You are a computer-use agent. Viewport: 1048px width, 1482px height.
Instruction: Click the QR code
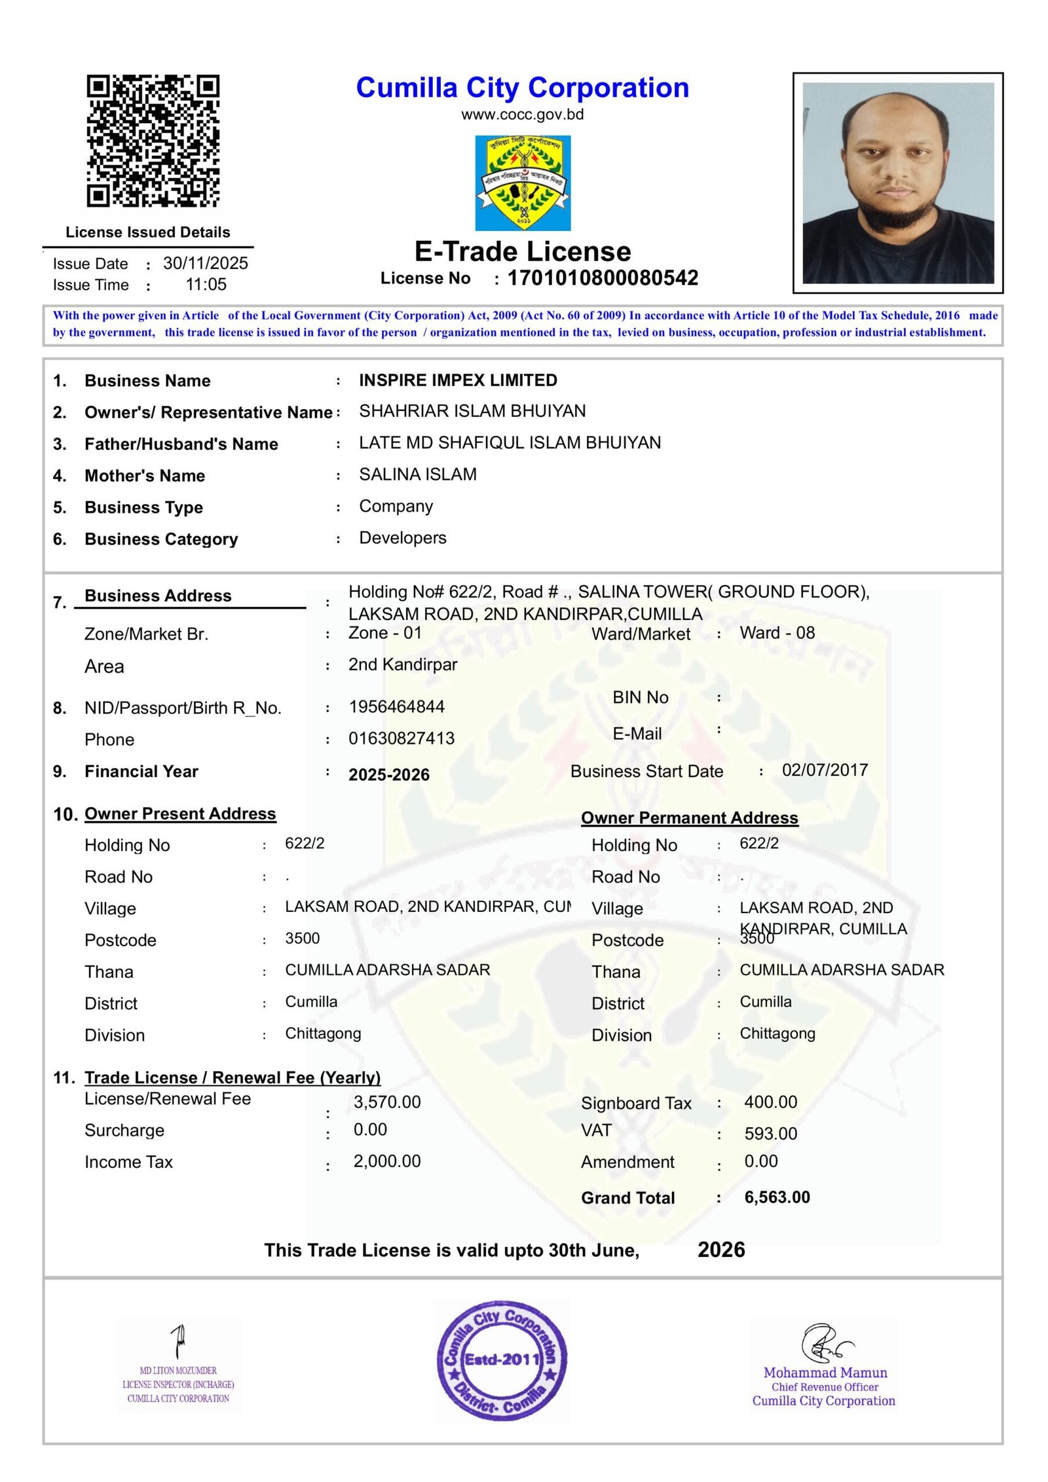[x=153, y=141]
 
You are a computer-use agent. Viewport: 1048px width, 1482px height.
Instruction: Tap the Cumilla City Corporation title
[x=522, y=88]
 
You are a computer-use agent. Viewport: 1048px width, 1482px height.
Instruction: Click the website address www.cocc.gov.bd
[x=522, y=115]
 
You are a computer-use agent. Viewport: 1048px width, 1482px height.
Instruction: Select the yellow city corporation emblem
[x=522, y=183]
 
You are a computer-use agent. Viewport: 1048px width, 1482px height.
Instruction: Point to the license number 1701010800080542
[x=603, y=278]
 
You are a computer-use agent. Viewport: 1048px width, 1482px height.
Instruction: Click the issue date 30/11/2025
[x=206, y=263]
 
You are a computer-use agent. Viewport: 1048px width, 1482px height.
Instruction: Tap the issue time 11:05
[x=206, y=285]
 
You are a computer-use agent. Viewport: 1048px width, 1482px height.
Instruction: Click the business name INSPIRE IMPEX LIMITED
[x=458, y=380]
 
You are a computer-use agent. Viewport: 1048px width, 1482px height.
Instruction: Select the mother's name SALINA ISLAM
[x=417, y=475]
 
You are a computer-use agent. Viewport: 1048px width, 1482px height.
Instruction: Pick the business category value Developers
[x=402, y=538]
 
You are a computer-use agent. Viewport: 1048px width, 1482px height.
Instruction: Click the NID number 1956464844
[x=396, y=707]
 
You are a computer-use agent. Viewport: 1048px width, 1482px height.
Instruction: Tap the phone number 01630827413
[x=401, y=738]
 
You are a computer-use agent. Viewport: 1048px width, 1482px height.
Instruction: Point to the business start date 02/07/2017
[x=825, y=770]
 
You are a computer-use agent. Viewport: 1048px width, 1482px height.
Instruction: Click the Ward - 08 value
[x=777, y=633]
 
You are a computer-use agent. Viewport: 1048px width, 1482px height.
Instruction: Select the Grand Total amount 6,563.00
[x=777, y=1197]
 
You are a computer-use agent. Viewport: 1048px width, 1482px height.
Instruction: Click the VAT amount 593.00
[x=770, y=1134]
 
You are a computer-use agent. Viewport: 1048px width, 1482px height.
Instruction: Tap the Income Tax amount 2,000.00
[x=387, y=1161]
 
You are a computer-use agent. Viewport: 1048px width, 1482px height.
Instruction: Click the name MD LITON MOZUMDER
[x=178, y=1371]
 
